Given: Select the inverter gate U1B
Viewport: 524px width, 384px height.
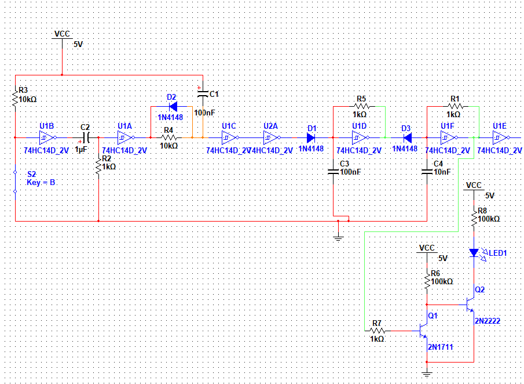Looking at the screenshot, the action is (x=47, y=137).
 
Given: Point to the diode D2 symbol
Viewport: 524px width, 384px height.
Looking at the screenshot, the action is (x=173, y=107).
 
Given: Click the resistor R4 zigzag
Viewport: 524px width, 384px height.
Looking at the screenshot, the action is (x=169, y=137).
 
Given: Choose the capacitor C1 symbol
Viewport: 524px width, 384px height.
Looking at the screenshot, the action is (x=203, y=94).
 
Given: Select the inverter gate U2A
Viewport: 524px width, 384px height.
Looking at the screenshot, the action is (x=272, y=137).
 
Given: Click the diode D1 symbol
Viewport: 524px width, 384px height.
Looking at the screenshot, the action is (x=311, y=137).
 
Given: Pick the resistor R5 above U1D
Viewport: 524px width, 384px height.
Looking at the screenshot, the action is (x=361, y=107).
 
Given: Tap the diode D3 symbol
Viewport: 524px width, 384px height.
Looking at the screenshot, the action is (x=408, y=137).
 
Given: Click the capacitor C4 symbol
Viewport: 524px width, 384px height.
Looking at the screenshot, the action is (x=427, y=172).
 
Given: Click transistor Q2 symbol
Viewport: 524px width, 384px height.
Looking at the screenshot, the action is (x=471, y=305).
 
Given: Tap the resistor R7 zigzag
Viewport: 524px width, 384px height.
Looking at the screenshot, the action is (x=378, y=331).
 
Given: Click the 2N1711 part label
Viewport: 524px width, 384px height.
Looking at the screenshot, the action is (x=441, y=347).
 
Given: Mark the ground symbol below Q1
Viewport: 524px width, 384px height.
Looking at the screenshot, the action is (x=427, y=374).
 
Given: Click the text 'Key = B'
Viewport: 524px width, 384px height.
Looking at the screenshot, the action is (x=41, y=183).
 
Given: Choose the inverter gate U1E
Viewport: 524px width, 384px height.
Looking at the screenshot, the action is (x=501, y=137).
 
